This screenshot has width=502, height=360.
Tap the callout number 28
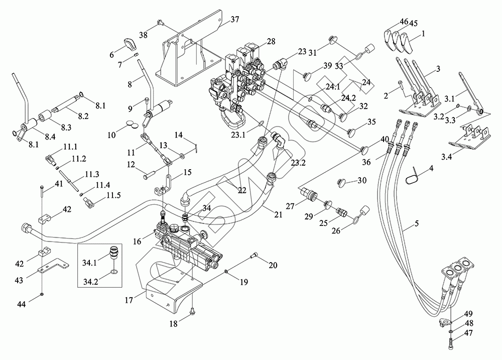271,42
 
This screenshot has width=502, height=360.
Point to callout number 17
129,301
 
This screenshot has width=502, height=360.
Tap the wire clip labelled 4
412,176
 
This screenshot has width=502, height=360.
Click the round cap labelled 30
342,181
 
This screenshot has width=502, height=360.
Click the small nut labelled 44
41,293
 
